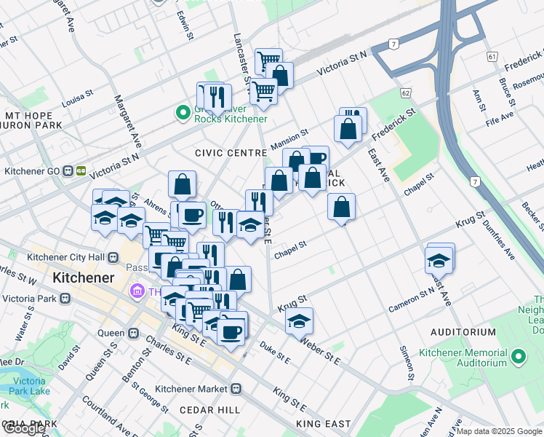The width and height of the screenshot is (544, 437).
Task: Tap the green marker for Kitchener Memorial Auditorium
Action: click(519, 357)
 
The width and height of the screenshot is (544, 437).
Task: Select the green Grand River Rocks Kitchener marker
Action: click(181, 113)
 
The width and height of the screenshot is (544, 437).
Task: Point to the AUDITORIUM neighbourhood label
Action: click(463, 332)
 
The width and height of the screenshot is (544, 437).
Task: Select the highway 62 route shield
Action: click(405, 93)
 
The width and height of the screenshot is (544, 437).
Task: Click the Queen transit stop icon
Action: click(133, 333)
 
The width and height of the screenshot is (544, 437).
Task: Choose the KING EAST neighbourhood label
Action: click(323, 423)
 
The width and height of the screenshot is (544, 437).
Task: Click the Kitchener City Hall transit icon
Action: click(113, 257)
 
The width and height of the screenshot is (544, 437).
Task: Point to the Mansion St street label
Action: click(289, 139)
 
